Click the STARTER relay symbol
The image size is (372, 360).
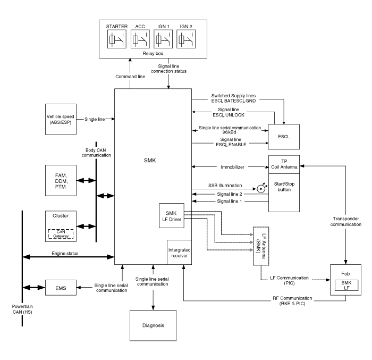(117, 39)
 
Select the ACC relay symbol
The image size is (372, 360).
(140, 39)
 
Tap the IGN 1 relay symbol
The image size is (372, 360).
(163, 39)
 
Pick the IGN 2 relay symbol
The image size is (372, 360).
(186, 39)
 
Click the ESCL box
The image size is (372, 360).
(284, 137)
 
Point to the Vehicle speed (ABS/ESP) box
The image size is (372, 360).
(61, 119)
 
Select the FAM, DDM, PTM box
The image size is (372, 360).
(61, 180)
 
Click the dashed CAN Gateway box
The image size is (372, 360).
(61, 234)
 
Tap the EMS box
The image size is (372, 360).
(61, 288)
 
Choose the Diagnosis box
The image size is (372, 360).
(153, 325)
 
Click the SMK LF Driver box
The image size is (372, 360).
(172, 215)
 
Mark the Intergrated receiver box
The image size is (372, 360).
(180, 252)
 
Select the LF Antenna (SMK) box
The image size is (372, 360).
(261, 246)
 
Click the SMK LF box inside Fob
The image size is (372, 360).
(346, 285)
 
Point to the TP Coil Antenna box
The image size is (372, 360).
(284, 164)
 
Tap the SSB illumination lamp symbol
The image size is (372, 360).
(261, 189)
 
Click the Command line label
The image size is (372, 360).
(130, 77)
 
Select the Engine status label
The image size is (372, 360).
(65, 253)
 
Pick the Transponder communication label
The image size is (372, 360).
(345, 222)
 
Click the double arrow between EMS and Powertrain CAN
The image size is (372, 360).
(33, 288)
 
